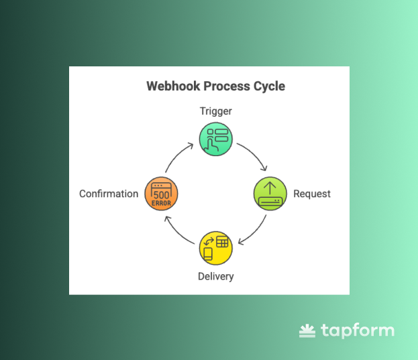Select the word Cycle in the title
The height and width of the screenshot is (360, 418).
(x=269, y=86)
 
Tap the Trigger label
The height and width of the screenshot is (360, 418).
(x=215, y=111)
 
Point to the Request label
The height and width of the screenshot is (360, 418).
(x=312, y=194)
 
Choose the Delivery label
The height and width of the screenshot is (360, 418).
(x=216, y=276)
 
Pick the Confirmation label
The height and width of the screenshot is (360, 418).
(x=109, y=194)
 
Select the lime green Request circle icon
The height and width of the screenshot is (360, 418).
(x=270, y=194)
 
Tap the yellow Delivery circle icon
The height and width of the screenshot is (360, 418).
(x=215, y=247)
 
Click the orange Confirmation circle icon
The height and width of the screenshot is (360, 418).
(x=161, y=194)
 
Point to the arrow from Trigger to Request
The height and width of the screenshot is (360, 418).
(x=254, y=156)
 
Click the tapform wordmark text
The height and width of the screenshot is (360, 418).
(x=357, y=331)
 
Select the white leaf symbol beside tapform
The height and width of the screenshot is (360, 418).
(x=307, y=330)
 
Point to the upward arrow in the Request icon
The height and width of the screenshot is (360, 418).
(x=270, y=188)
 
